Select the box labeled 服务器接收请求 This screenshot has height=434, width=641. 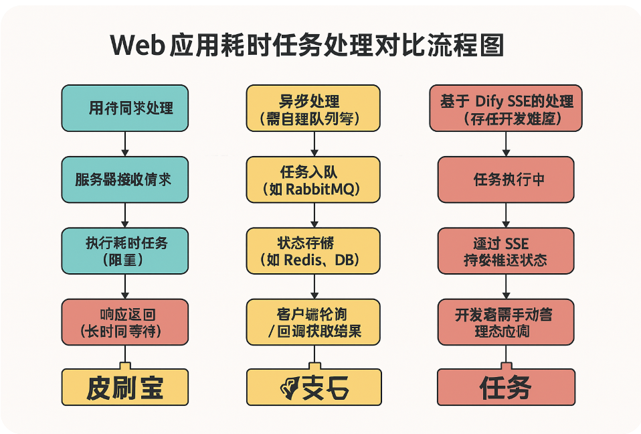[x=124, y=179]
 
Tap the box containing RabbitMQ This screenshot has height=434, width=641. [x=312, y=179]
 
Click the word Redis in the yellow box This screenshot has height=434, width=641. [x=302, y=260]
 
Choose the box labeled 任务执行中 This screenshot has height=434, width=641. [x=506, y=179]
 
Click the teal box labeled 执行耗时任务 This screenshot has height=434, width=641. [x=124, y=250]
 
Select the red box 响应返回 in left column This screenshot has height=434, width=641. [x=124, y=322]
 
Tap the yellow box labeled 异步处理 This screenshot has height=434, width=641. [x=312, y=108]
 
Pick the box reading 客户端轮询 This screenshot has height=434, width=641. [x=312, y=322]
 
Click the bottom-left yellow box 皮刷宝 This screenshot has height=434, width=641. [x=124, y=388]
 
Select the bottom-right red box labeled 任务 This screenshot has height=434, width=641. [x=506, y=388]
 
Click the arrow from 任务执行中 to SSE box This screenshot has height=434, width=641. [x=506, y=214]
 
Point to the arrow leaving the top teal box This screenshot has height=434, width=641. [x=124, y=143]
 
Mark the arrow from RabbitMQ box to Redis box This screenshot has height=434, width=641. [x=312, y=214]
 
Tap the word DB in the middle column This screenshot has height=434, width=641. [x=347, y=260]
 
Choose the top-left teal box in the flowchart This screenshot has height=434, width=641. [x=124, y=108]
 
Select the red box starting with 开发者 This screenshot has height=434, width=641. [x=506, y=322]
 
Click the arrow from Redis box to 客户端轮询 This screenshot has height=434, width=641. [x=312, y=286]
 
